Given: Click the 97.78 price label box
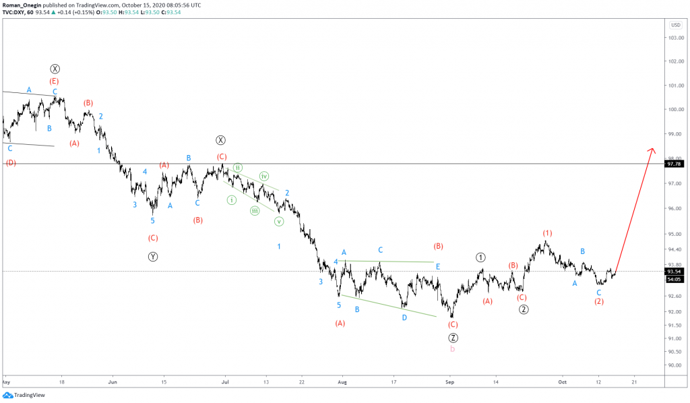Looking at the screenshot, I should (x=675, y=163).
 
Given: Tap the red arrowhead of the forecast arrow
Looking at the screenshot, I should (x=652, y=150).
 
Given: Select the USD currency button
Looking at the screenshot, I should (x=675, y=25).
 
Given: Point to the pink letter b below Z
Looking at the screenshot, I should (x=453, y=349).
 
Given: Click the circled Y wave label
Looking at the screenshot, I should (x=153, y=256).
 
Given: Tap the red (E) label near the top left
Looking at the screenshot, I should (x=54, y=81).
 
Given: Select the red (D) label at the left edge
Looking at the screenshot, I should (x=11, y=163).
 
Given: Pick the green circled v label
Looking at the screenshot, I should (x=279, y=221).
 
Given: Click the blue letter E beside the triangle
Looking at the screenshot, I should (x=437, y=266).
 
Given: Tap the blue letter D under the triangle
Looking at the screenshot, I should (x=404, y=317).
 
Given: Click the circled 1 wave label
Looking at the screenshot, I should (x=480, y=257).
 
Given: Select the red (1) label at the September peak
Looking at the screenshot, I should (x=548, y=233).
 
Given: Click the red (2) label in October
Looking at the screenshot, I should (x=599, y=302).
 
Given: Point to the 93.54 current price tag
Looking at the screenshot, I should (x=675, y=271).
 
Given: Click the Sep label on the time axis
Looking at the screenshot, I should (x=451, y=381).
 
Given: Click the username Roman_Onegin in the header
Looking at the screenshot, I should (x=23, y=5).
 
